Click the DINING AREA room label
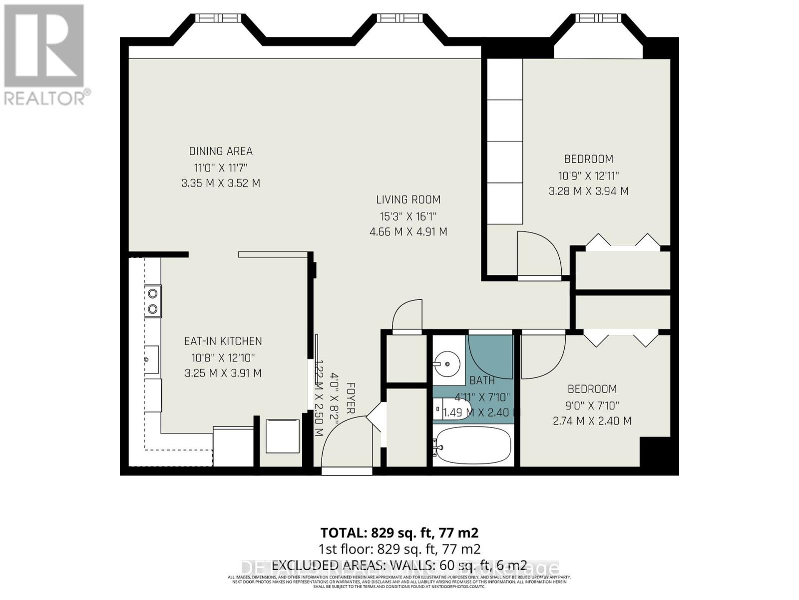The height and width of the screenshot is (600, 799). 221,151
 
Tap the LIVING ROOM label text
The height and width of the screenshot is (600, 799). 408,199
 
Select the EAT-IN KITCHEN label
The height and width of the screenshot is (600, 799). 223,341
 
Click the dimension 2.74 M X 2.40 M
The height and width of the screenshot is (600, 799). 592,421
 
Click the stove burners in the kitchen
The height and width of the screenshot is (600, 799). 153,301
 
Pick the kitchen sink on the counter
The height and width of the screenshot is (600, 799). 151,359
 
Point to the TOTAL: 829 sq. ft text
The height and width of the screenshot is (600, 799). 399,532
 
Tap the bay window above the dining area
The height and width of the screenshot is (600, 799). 218,30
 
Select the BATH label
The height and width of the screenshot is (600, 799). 482,380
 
